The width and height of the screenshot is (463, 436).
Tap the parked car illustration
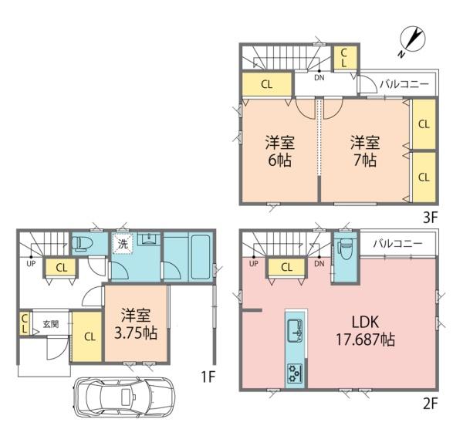click(x=124, y=397)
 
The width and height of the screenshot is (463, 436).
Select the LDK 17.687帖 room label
click(x=365, y=330)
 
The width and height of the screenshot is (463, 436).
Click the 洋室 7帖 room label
click(x=365, y=151)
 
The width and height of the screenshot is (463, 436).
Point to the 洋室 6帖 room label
click(x=279, y=151)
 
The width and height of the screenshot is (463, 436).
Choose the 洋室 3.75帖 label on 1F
click(x=136, y=324)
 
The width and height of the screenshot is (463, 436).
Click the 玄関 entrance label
click(x=51, y=324)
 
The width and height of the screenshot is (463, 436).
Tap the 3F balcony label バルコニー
click(x=404, y=85)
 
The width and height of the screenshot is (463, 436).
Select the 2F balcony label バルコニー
click(x=397, y=244)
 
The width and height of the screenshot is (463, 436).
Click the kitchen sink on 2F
click(x=296, y=330)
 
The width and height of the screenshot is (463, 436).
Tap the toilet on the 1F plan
click(x=83, y=243)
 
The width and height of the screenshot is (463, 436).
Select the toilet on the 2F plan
click(x=346, y=248)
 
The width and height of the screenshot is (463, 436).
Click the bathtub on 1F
click(x=201, y=256)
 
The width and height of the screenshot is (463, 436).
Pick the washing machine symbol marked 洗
click(x=123, y=244)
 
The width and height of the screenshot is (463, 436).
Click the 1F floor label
click(x=208, y=377)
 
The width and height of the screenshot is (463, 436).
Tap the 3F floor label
click(x=430, y=218)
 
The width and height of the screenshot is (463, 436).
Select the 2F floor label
click(x=430, y=404)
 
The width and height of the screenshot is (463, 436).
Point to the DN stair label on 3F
click(x=319, y=78)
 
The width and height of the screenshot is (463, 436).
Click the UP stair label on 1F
click(x=31, y=264)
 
